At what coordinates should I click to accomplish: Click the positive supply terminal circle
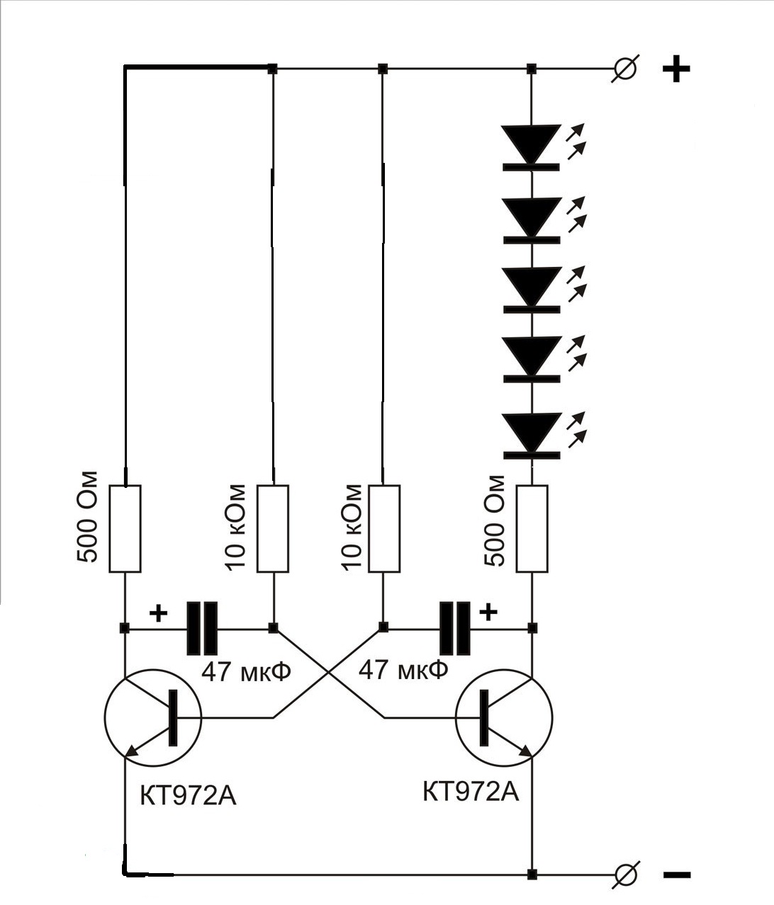coord(624,69)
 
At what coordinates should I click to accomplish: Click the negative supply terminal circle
coord(624,875)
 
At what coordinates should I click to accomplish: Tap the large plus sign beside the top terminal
coord(675,69)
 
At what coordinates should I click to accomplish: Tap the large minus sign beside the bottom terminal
coord(676,875)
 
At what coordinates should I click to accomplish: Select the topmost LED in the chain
coord(531,147)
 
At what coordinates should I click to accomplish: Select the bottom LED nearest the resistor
coord(531,434)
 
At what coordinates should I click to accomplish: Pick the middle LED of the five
coord(531,289)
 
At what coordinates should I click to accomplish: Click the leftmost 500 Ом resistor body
coord(125,528)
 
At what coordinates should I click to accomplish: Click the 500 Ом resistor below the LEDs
coord(532,528)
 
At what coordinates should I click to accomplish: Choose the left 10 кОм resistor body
coord(273,528)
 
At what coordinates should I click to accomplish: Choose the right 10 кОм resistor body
coord(383,528)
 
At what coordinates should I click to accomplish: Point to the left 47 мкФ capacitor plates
coord(201,628)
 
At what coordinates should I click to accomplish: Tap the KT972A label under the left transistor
coord(188,796)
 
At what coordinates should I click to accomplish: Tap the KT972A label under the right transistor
coord(471,791)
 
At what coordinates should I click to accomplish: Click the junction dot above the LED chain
coord(532,69)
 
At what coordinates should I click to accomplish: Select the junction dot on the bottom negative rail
coord(532,875)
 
